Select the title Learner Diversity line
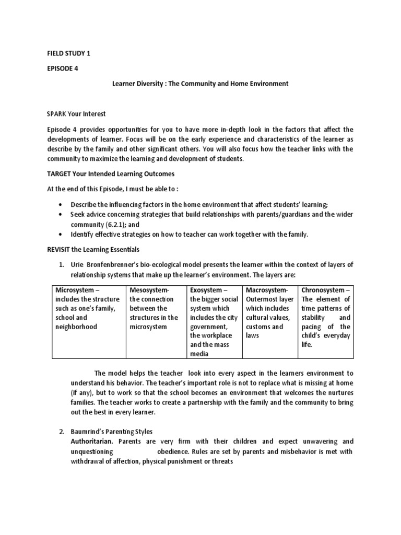(x=200, y=84)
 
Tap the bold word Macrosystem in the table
(x=266, y=290)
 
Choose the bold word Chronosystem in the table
(x=324, y=290)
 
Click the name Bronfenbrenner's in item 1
(x=117, y=266)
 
